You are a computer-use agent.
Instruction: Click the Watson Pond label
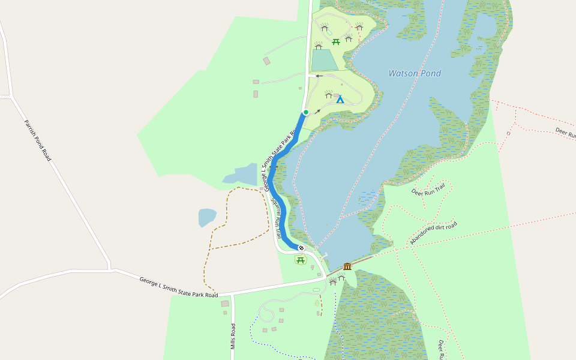point(415,74)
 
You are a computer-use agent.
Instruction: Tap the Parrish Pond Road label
point(38,140)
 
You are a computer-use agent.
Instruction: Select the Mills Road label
point(233,336)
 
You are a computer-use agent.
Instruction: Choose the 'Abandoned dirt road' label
point(433,232)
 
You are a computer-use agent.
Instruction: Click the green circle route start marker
point(305,112)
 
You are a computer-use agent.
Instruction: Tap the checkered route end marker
point(301,248)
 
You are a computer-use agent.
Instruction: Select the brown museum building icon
point(347,266)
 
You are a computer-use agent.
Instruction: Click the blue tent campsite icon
point(340,100)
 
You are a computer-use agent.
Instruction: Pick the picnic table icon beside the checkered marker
point(301,260)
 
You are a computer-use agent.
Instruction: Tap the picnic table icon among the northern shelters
point(336,42)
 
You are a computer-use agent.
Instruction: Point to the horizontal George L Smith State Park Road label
point(179,287)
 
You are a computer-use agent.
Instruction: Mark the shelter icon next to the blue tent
point(328,94)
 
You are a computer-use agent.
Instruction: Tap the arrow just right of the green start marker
point(317,111)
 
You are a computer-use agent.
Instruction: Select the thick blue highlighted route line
point(272,180)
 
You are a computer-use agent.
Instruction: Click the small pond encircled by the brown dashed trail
point(206,217)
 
